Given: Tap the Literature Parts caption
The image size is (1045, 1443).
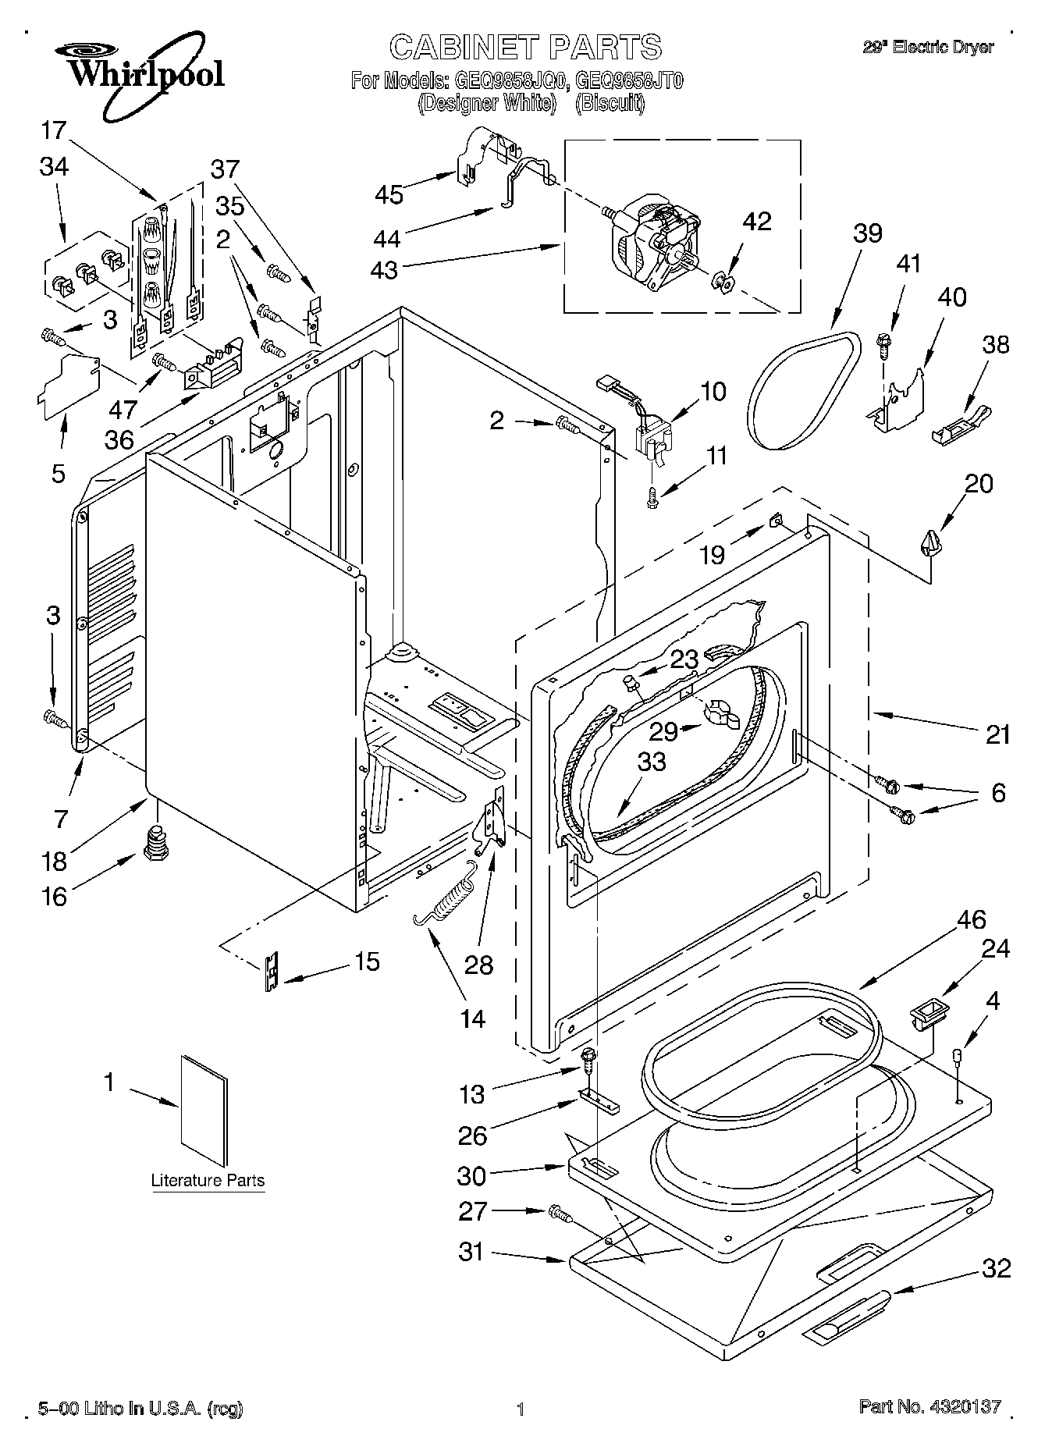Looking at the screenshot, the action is coord(208,1180).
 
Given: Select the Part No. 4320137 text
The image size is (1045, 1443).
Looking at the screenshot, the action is coord(929,1407).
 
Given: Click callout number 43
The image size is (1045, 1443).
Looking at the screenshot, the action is coord(385,270).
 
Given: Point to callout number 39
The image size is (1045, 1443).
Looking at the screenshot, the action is coord(867,233).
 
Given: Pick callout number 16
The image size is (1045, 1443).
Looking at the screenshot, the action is coord(54,896).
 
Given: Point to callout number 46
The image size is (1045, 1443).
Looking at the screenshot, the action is coord(971,919).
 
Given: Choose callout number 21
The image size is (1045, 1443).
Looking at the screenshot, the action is coord(997,734).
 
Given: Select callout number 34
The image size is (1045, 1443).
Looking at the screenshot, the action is coord(53,166).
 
